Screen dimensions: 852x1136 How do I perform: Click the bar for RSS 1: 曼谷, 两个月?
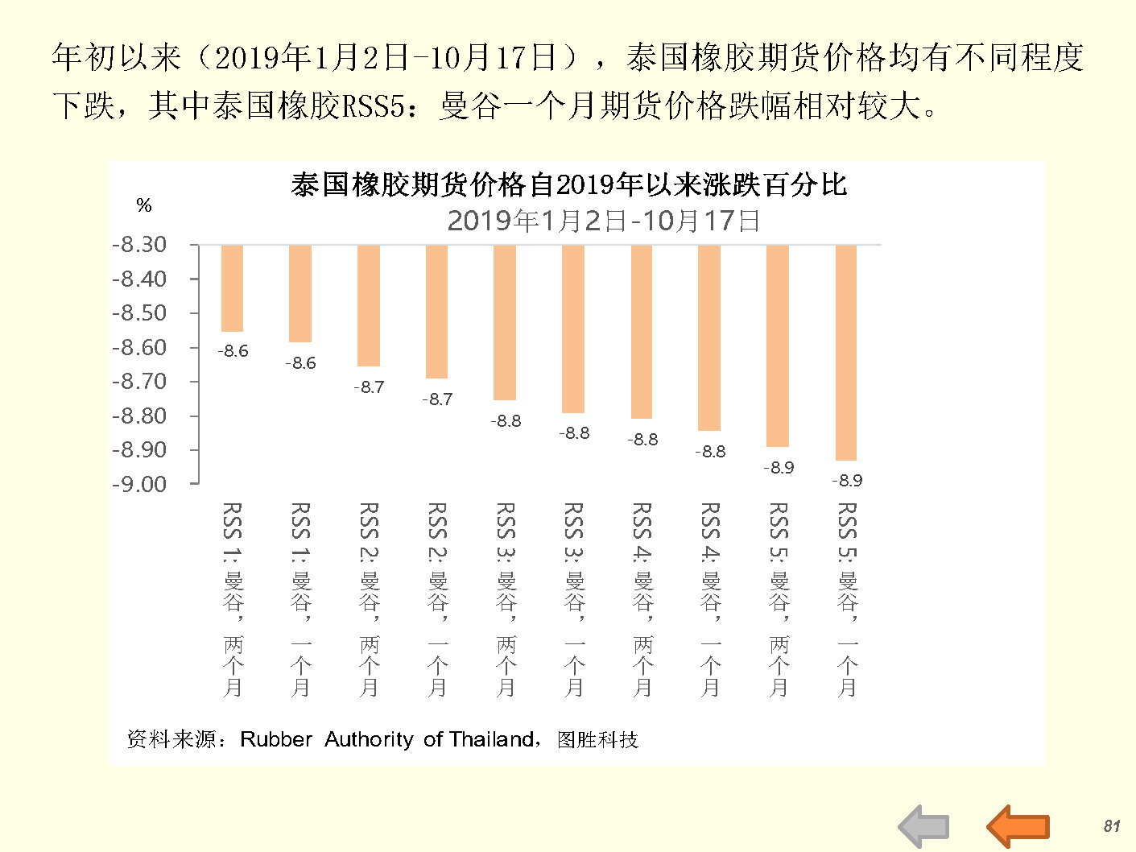(232, 288)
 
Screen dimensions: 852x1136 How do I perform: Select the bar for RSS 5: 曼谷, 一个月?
(846, 352)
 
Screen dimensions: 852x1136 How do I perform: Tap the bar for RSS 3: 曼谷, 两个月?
(505, 322)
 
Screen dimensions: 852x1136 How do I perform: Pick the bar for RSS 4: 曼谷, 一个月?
(709, 337)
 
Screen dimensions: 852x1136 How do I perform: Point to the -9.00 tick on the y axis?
(139, 484)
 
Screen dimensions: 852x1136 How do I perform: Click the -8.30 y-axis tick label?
(139, 244)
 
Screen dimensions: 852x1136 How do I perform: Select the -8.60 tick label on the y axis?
(139, 347)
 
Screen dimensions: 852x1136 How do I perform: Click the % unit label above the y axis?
(144, 205)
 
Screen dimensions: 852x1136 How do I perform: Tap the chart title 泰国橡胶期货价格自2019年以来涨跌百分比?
(568, 184)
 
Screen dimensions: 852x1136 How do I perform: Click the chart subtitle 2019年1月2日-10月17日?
(603, 220)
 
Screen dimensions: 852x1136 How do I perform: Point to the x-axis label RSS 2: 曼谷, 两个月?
(369, 599)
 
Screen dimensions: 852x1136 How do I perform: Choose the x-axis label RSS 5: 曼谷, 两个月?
(779, 599)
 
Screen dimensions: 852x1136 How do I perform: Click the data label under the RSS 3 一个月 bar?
(574, 433)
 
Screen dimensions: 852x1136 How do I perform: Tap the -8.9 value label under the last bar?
(846, 481)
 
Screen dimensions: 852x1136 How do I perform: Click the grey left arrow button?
(923, 826)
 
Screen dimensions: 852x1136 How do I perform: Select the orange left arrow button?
(1018, 826)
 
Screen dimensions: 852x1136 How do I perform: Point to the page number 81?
(1112, 826)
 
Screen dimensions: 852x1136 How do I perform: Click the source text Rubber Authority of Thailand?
(387, 739)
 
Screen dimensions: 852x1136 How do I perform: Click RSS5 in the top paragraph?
(373, 105)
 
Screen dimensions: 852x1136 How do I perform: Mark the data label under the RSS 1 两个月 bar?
(233, 351)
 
